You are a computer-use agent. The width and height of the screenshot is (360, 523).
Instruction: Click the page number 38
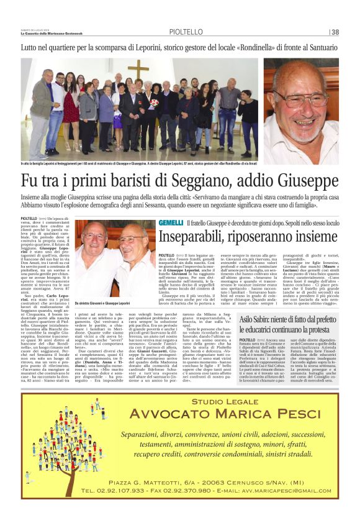pos(335,32)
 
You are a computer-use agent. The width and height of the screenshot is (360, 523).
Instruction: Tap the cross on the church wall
pos(138,69)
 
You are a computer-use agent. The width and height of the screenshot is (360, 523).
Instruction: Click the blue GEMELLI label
pos(171,222)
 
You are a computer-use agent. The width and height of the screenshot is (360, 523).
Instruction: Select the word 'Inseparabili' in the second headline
pos(192,237)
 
